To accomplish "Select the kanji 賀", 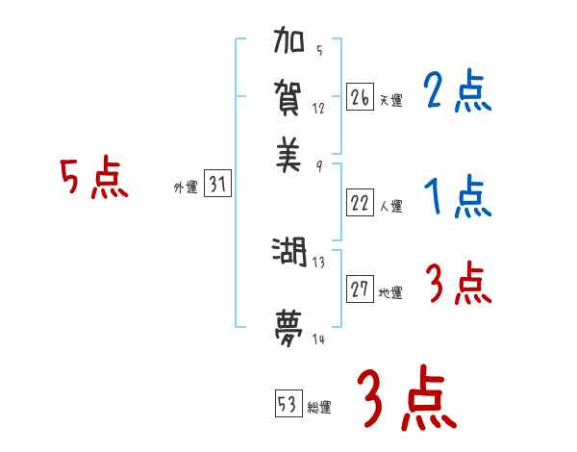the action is (289, 98).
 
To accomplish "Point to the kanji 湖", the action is (289, 253).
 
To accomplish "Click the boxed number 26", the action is (360, 97).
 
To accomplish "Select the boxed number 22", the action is (360, 202).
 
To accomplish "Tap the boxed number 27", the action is (360, 289).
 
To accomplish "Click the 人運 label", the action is (391, 206).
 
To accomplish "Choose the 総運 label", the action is (319, 407).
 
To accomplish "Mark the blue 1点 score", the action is (457, 199).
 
